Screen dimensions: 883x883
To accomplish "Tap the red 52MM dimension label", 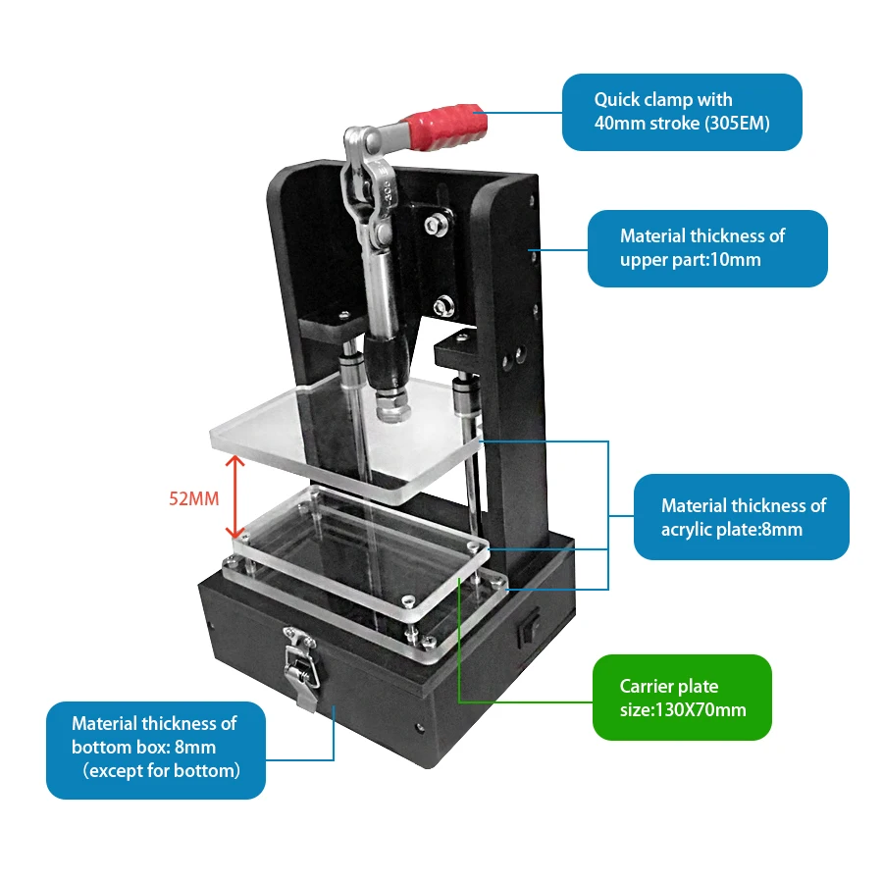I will point(193,498).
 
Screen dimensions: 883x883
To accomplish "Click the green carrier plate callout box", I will point(683,697).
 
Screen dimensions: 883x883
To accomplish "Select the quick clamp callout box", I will point(682,112).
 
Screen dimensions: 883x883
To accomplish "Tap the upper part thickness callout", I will point(706,248).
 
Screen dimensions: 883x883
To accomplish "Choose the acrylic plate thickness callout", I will point(742,517).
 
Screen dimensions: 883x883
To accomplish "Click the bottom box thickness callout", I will point(155,748).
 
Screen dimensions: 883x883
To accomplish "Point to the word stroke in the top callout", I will point(670,124).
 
